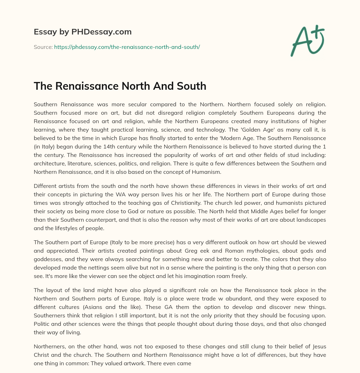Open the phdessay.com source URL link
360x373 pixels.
click(x=127, y=47)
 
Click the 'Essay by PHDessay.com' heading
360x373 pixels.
click(x=83, y=32)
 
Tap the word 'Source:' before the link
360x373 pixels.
click(x=43, y=47)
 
